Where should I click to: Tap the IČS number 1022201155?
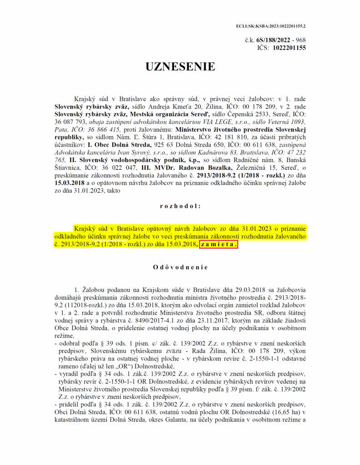pos(289,47)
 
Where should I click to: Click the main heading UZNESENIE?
pos(180,67)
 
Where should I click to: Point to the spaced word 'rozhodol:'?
pos(180,206)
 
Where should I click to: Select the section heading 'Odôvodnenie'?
pos(180,268)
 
